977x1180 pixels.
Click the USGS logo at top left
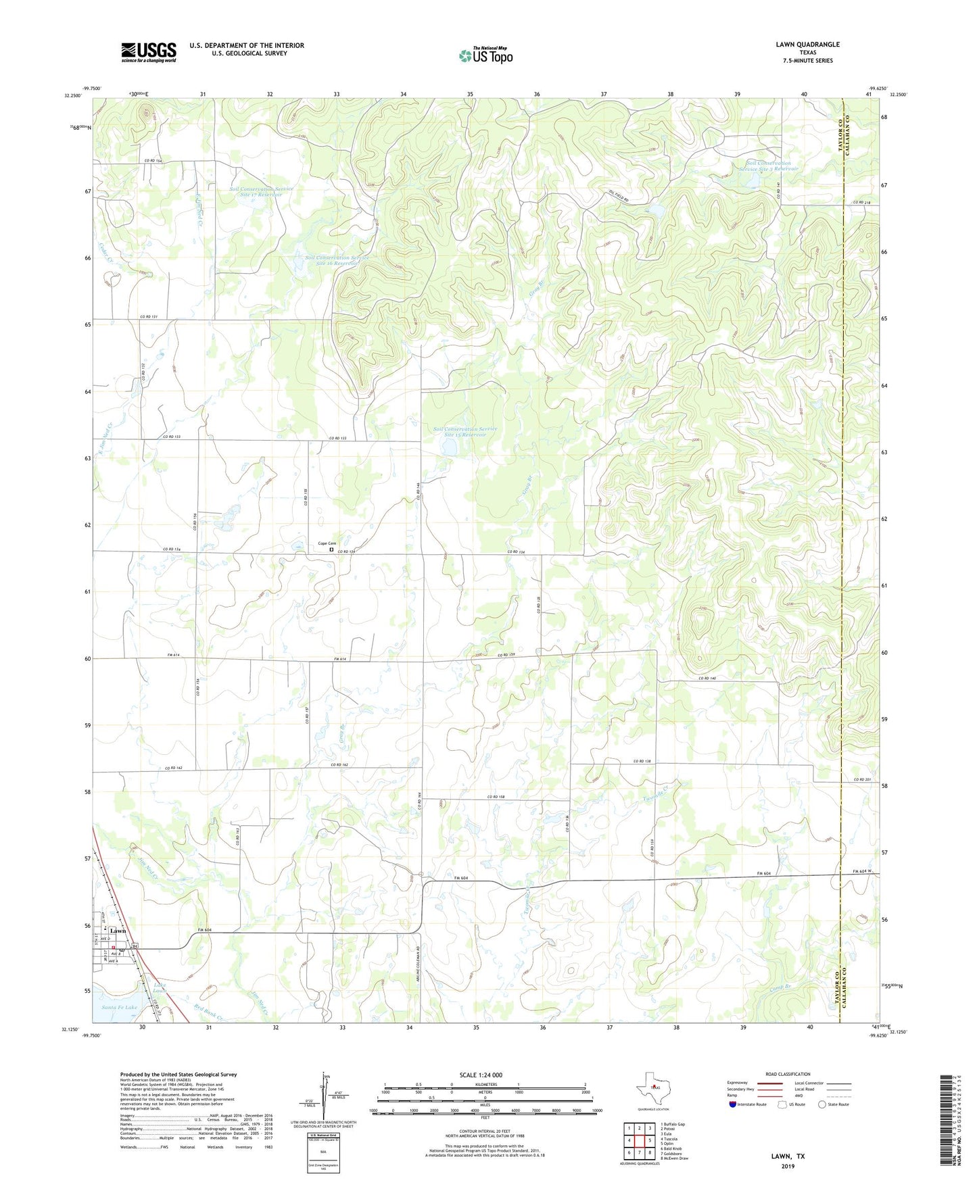point(149,52)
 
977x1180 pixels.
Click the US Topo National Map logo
point(485,55)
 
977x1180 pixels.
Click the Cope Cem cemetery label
point(327,543)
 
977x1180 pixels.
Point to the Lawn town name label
point(118,931)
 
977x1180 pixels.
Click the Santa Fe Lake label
point(119,1007)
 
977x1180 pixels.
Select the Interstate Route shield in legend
point(733,1104)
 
